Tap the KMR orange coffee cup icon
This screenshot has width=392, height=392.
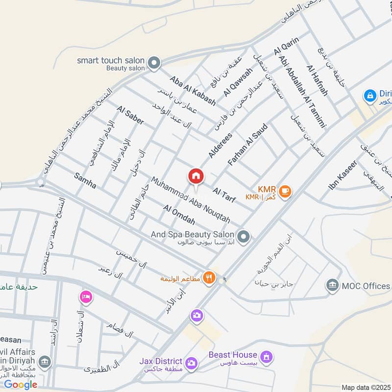(286, 191)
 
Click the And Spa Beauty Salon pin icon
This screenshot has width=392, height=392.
(245, 237)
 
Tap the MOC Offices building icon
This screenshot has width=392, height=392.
(333, 286)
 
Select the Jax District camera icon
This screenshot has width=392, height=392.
(192, 363)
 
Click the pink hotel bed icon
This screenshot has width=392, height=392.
(86, 297)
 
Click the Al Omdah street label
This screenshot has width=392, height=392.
(180, 215)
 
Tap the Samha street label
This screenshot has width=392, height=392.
(85, 181)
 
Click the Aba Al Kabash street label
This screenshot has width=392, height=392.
(193, 91)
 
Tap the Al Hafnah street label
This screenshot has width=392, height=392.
(317, 80)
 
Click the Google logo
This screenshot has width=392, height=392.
(21, 385)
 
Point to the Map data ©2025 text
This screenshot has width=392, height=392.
(365, 388)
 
